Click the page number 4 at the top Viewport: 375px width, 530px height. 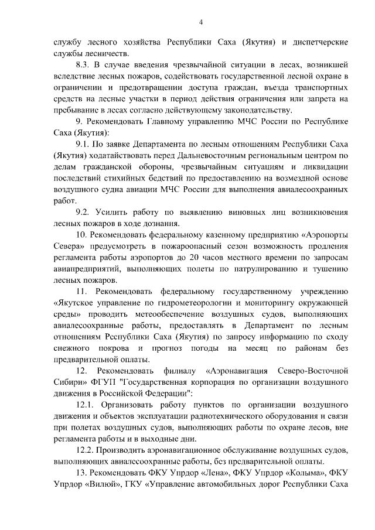point(201,22)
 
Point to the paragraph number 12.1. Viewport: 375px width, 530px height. point(87,405)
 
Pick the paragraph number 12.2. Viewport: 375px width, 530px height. point(87,450)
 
